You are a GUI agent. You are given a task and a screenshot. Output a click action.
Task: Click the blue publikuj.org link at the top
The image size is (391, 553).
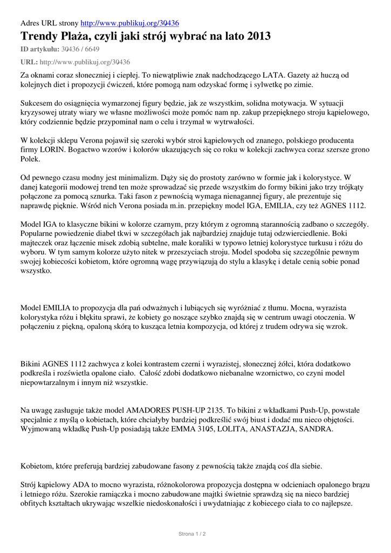tap(129, 23)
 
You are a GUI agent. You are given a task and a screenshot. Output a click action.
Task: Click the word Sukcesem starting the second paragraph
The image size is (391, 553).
tap(39, 103)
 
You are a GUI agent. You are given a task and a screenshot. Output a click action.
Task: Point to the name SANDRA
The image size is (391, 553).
tap(317, 429)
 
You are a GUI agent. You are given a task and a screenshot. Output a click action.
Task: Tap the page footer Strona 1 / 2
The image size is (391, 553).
tap(192, 534)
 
